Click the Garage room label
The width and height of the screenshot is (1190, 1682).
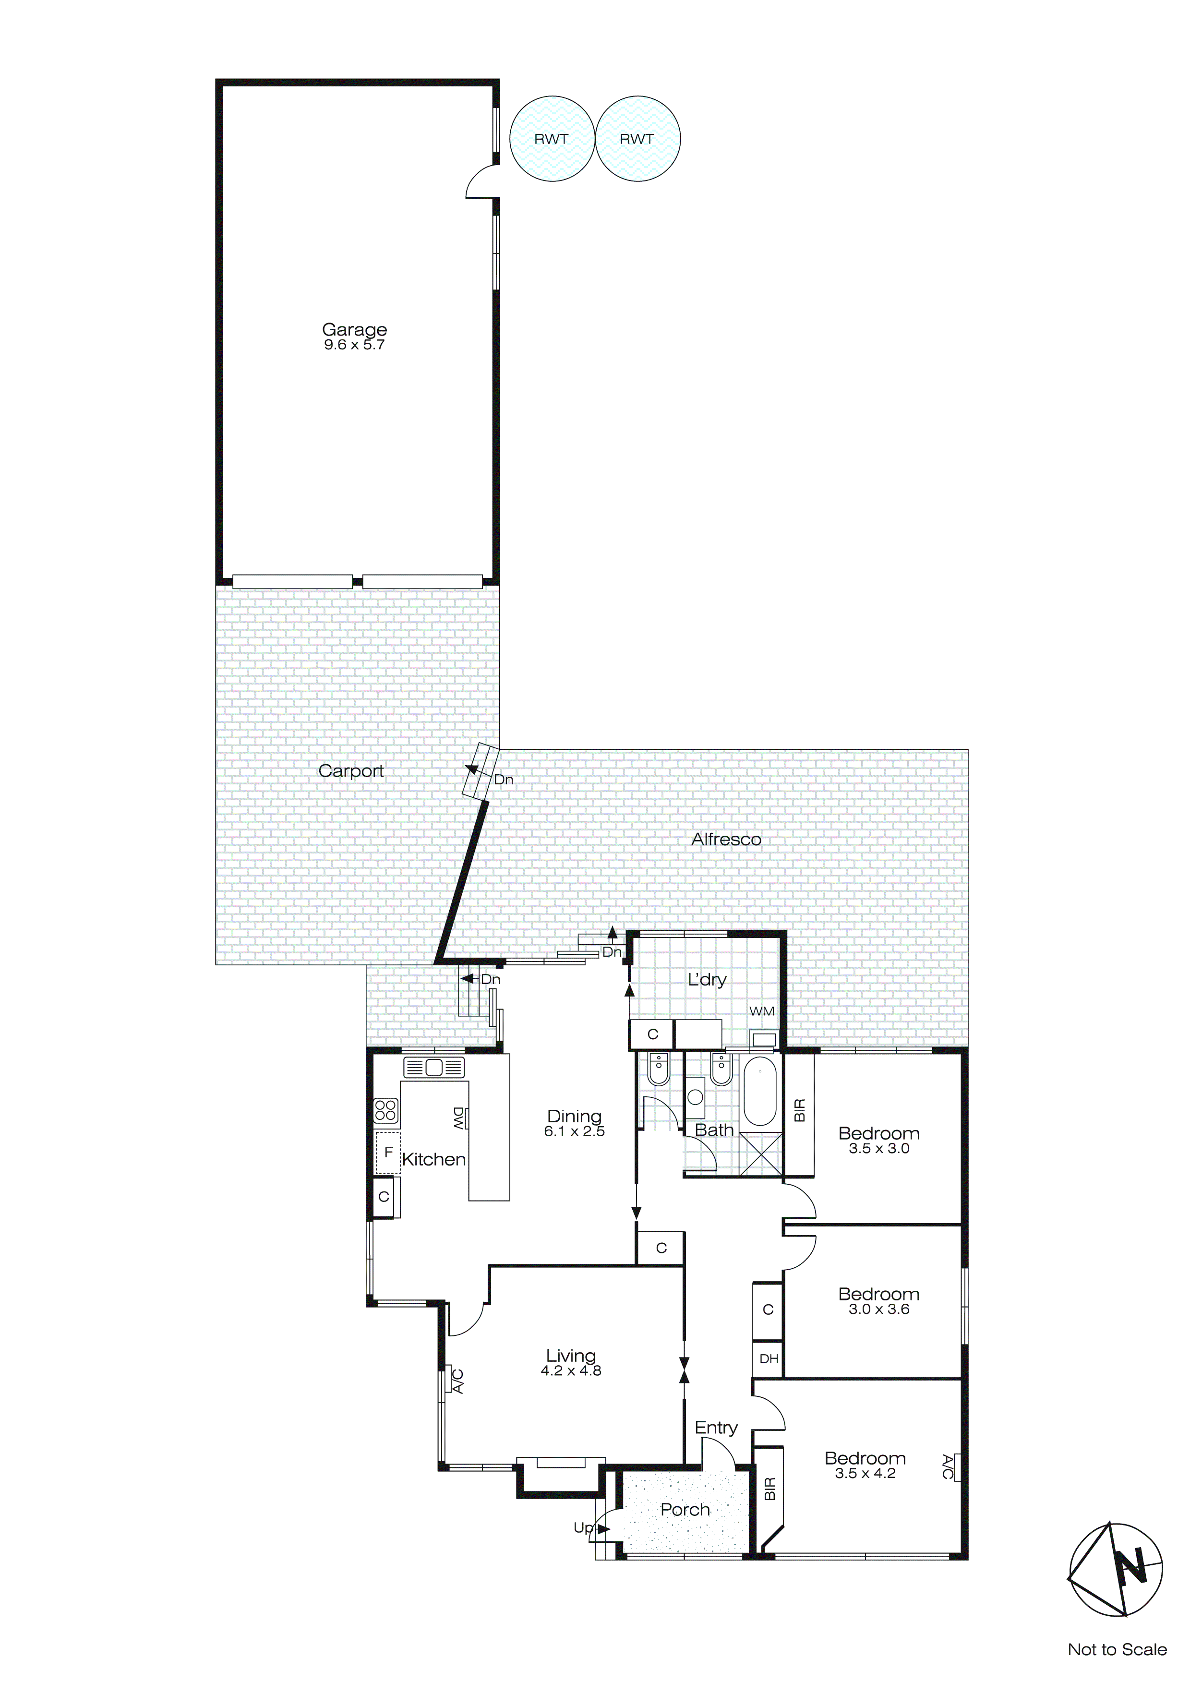355,330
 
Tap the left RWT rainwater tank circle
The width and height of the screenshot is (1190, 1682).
551,138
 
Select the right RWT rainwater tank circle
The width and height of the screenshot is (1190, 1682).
637,138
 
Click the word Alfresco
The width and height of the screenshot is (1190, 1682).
726,840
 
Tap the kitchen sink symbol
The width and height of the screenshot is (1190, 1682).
434,1068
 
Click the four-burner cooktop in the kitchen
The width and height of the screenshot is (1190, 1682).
386,1111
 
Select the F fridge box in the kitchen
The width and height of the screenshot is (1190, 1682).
388,1153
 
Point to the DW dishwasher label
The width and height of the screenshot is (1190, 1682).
459,1118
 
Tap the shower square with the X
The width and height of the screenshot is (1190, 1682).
760,1154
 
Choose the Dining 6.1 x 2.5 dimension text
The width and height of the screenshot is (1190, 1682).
575,1132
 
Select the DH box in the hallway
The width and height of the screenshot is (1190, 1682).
769,1359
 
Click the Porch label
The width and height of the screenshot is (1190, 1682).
685,1510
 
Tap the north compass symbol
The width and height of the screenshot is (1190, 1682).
1116,1570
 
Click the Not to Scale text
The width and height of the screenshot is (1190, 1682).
1117,1650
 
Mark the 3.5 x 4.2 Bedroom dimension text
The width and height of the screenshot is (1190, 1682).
865,1474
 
